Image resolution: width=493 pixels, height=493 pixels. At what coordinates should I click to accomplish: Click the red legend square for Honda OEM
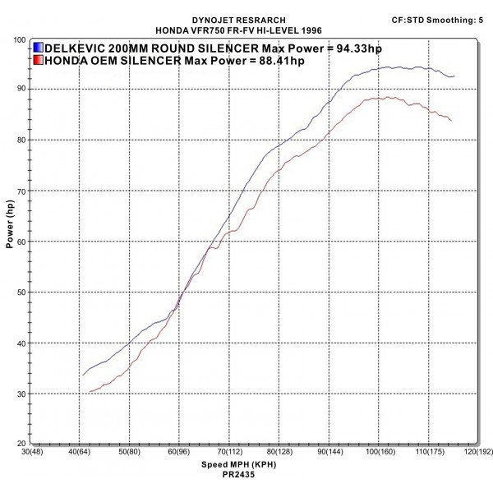pos(39,60)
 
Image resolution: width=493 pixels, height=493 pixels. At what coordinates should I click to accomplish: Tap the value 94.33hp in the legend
pos(352,48)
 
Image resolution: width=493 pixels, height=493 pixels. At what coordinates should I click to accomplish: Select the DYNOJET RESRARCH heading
pos(246,18)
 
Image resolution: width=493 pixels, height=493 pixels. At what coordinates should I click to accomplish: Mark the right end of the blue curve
pos(454,76)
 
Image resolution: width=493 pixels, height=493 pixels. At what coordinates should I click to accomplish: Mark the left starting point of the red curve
pos(89,393)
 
